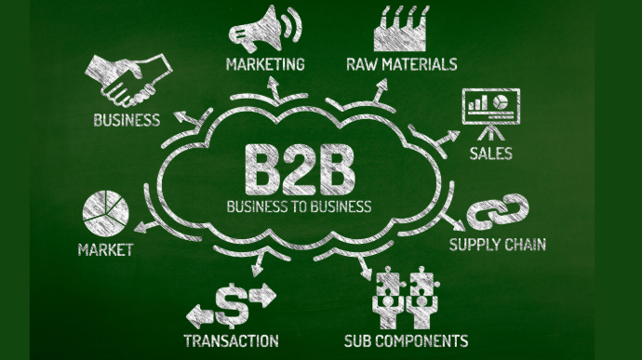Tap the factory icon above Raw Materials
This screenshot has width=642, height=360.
click(x=400, y=29)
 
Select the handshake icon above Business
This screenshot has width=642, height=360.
click(x=127, y=79)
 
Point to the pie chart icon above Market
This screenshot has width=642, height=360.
click(x=106, y=213)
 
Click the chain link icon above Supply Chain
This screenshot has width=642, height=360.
click(x=498, y=212)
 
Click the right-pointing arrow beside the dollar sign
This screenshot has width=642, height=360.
click(x=262, y=295)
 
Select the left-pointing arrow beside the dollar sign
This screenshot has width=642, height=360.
click(x=200, y=315)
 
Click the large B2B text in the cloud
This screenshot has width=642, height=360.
click(x=300, y=170)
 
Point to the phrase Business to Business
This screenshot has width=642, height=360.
click(x=300, y=206)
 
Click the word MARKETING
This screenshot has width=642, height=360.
click(x=265, y=64)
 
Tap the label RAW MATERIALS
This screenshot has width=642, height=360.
click(x=402, y=64)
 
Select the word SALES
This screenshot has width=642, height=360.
click(x=491, y=153)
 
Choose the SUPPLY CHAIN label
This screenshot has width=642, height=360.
click(x=498, y=245)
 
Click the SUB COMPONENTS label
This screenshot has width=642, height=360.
click(x=407, y=340)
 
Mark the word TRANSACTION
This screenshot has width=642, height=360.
click(x=232, y=340)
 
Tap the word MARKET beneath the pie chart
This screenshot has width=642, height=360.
click(x=106, y=250)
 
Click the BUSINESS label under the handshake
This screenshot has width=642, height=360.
click(x=127, y=120)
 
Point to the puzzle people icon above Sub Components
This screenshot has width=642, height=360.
click(x=406, y=298)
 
